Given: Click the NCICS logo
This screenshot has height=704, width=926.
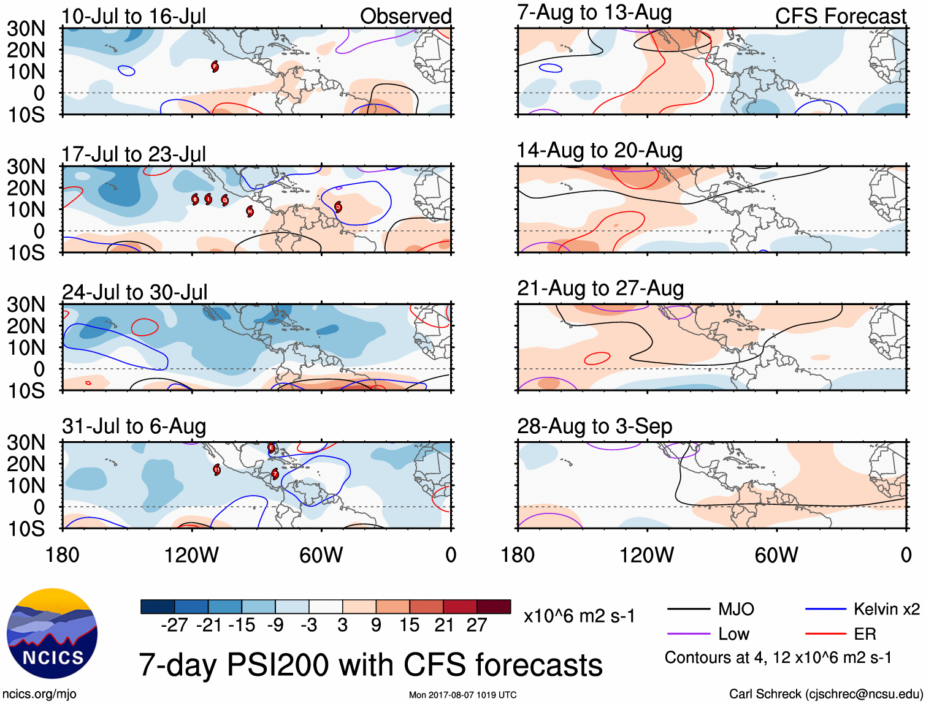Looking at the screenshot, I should tap(52, 634).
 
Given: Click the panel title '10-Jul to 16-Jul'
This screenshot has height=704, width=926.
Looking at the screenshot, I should tap(134, 17).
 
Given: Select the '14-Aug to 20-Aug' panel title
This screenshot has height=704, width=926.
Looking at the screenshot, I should tap(599, 150).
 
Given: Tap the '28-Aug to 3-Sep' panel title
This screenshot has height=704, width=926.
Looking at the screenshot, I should tap(594, 426).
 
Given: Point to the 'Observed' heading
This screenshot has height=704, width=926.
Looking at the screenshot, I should tap(405, 17).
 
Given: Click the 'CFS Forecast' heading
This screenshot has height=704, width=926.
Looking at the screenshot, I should tap(840, 17).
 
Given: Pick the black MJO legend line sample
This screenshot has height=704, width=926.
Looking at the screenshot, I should tap(689, 609).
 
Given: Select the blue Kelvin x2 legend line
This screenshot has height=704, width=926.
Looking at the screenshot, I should tap(826, 609).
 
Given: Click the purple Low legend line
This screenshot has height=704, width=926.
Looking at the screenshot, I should tap(689, 634).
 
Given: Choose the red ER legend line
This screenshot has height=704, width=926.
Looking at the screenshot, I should tap(826, 634).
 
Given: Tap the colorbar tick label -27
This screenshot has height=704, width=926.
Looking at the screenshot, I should tap(174, 625).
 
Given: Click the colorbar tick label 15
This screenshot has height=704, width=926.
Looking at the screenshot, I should tap(409, 625).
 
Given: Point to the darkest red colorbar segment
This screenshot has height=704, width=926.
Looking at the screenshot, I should tap(494, 607).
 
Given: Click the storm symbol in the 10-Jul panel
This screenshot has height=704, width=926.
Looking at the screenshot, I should tap(215, 66).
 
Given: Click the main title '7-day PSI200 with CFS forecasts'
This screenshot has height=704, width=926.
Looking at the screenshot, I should tap(370, 665).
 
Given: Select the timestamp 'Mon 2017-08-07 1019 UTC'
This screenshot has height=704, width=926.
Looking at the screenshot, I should tap(462, 695).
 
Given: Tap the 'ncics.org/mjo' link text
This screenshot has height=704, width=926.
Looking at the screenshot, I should tap(39, 694).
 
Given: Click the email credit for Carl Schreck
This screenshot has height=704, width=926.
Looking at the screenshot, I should tap(825, 694).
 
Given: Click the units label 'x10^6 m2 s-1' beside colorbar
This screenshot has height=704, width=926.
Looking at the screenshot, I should tap(579, 616).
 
